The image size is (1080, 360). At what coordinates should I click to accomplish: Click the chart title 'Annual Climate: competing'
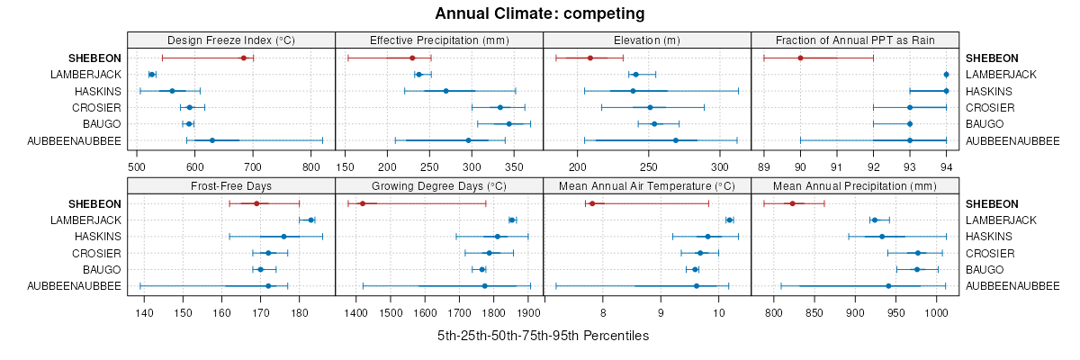tap(539, 13)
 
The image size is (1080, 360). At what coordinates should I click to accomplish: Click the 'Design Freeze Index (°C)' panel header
tap(231, 40)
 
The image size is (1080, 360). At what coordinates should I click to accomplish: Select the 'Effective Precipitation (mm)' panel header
tap(439, 40)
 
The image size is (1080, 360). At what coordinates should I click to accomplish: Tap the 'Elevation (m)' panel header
tap(647, 40)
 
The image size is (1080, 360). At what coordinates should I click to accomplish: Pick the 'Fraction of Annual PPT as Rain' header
tap(855, 40)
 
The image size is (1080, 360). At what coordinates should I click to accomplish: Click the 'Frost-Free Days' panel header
tap(231, 185)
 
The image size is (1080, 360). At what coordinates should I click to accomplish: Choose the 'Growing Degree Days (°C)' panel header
tap(439, 185)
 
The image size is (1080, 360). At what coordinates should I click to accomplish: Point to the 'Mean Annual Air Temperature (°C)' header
tap(647, 185)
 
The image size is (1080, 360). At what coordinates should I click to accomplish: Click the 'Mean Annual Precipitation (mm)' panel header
tap(855, 185)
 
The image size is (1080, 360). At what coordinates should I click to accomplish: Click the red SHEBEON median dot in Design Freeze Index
tap(243, 58)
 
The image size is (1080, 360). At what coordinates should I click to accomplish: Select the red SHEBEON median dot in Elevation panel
tap(590, 58)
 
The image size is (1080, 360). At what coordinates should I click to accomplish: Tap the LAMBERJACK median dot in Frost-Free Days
tap(311, 220)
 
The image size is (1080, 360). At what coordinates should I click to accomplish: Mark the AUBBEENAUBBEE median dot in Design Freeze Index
tap(212, 140)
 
